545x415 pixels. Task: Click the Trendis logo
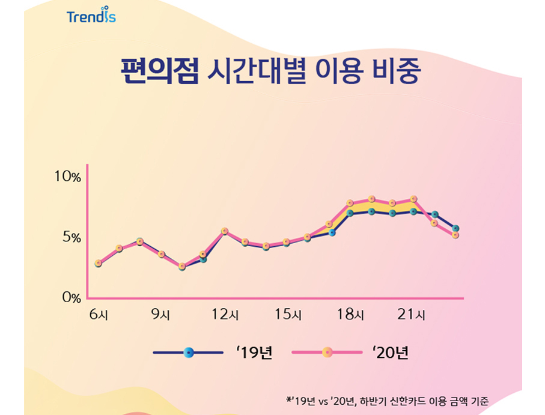91,16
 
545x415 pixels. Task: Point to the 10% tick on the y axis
67,177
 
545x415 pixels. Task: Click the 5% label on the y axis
70,237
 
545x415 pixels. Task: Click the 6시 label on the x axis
98,314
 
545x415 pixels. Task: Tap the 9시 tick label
160,314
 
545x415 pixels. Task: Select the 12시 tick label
225,314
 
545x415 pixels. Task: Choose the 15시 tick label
288,314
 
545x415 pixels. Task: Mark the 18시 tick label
350,314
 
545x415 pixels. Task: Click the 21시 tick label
413,314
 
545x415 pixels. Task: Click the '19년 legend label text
255,353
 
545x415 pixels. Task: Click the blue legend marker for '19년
189,353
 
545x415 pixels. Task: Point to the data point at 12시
224,231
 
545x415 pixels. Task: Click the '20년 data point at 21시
413,199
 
